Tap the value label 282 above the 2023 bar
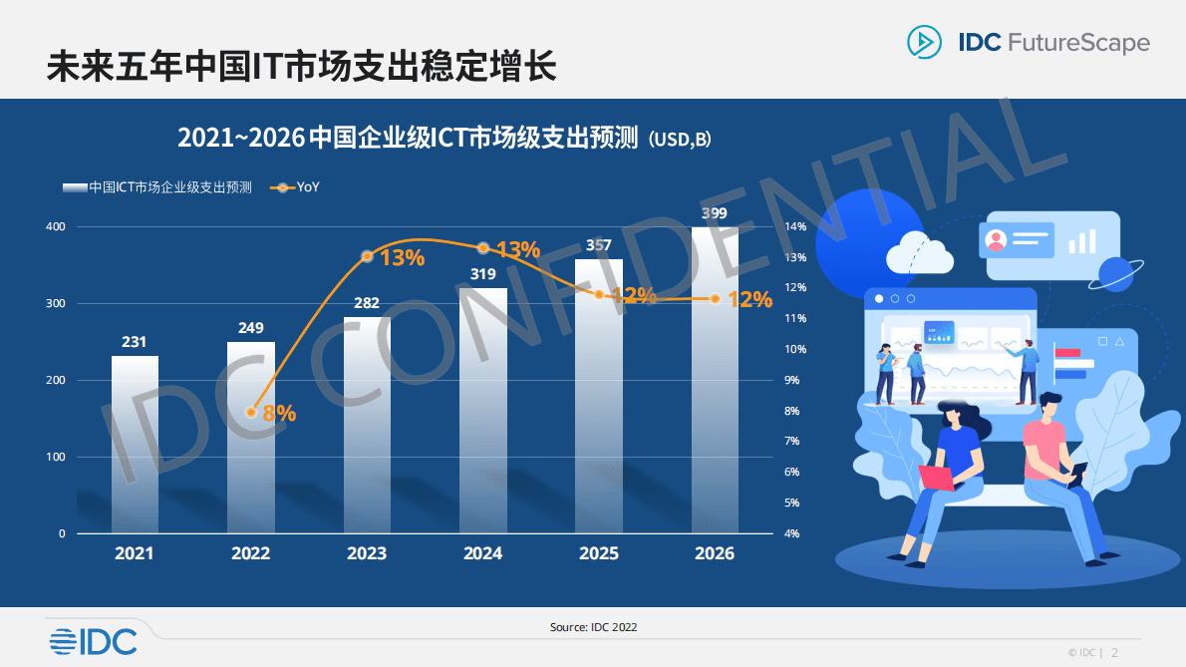click(367, 303)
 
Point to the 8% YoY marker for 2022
click(251, 412)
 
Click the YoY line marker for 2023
click(367, 256)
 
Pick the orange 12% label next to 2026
click(749, 299)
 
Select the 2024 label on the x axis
click(483, 553)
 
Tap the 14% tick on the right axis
click(795, 226)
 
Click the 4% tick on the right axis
click(791, 533)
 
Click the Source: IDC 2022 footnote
click(593, 627)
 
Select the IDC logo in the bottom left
click(93, 642)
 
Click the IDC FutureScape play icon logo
click(924, 42)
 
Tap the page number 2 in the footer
click(1114, 653)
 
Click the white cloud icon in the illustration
click(919, 253)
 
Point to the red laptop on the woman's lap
click(938, 479)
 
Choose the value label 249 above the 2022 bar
click(251, 327)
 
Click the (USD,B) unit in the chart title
click(680, 140)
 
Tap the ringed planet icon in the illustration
click(1115, 274)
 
